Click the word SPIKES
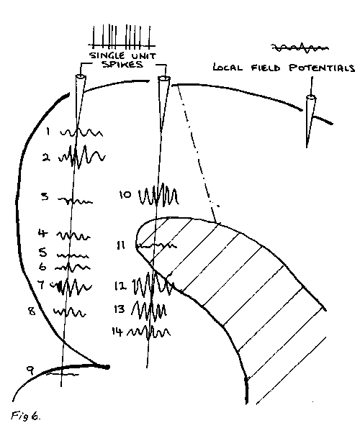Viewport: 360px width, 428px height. click(x=122, y=65)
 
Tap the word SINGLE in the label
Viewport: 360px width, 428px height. click(x=107, y=55)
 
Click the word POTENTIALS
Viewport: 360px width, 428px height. click(x=322, y=68)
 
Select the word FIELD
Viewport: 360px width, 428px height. click(x=266, y=68)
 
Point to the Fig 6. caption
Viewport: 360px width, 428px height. click(x=26, y=416)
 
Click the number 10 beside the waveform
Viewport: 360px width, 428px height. click(x=125, y=194)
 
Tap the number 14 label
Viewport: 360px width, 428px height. click(x=117, y=332)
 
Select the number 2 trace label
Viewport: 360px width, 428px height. click(x=46, y=158)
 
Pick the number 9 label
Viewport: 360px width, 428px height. click(x=30, y=370)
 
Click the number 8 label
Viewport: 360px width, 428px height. click(x=32, y=311)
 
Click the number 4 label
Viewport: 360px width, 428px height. click(x=42, y=233)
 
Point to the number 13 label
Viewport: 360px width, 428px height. click(x=120, y=309)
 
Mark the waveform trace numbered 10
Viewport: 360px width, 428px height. click(x=158, y=195)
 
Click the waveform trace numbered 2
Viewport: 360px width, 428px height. click(x=81, y=157)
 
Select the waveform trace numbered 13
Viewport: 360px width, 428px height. click(x=149, y=311)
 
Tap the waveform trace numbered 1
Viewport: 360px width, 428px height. click(x=81, y=132)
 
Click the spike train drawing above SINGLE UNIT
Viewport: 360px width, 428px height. click(x=122, y=36)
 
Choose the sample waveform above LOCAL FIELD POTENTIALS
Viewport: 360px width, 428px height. click(x=300, y=48)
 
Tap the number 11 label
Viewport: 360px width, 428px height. click(x=121, y=245)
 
